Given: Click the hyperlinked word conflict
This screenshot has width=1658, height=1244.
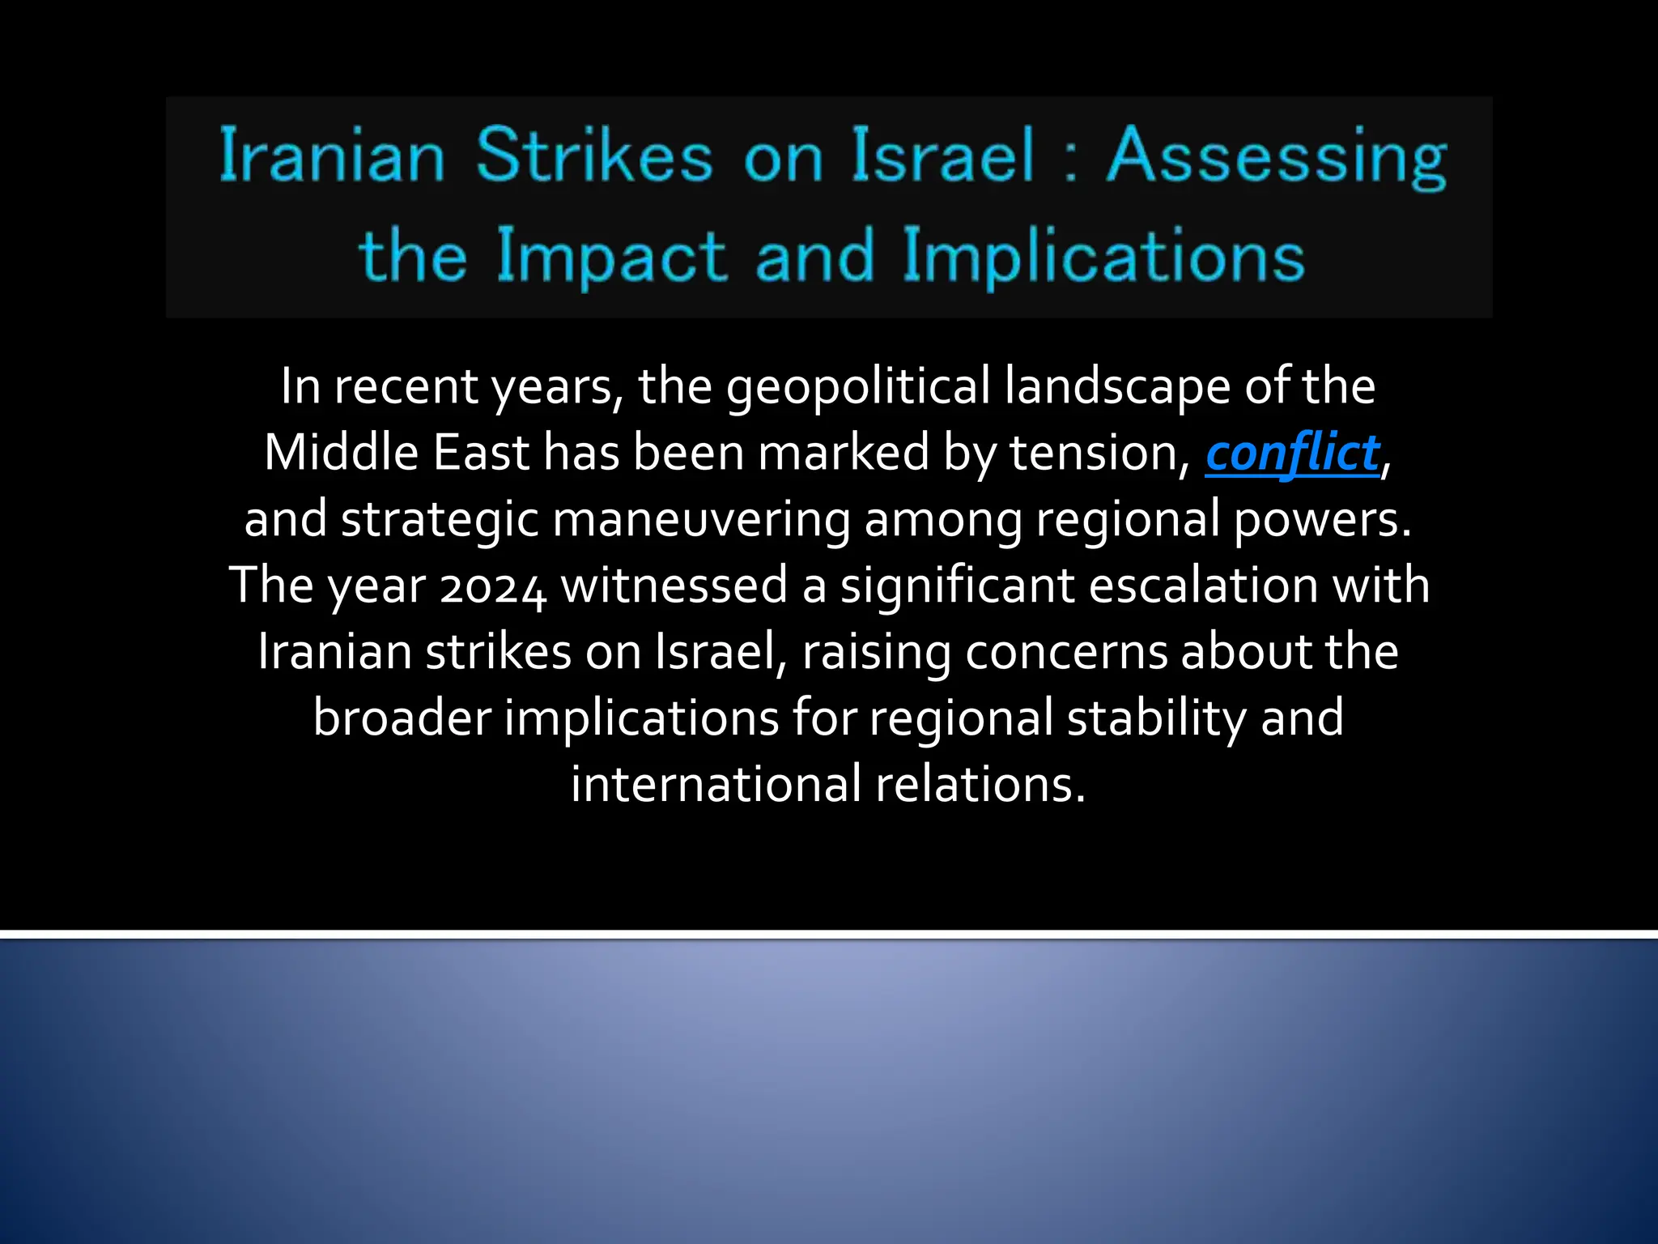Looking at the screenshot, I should coord(1292,454).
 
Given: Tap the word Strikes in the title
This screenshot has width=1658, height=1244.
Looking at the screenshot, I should coord(593,155).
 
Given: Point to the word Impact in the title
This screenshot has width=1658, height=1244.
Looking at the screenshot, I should coord(611,256).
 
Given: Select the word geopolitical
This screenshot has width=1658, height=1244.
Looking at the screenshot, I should coord(857,387).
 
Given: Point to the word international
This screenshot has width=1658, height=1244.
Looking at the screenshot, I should coord(716,786).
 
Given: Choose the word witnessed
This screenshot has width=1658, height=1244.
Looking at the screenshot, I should coord(674,586).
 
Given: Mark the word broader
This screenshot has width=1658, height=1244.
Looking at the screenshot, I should coord(402,719).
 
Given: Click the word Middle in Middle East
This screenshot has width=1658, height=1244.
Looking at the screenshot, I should coord(341,454).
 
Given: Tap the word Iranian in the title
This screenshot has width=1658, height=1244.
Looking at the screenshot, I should coord(332,155).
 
